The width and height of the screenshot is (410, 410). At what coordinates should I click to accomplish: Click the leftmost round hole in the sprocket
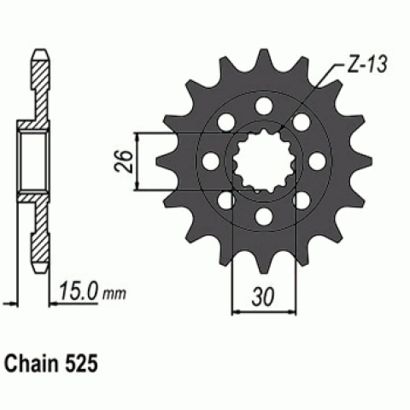(208, 160)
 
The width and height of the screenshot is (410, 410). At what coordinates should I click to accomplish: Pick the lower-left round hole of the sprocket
(224, 198)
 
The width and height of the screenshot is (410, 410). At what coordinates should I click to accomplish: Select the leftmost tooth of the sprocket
(165, 160)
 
